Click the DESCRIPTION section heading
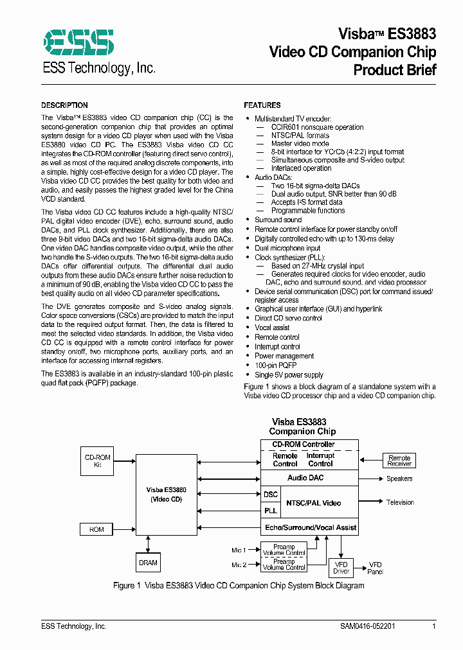[x=64, y=105]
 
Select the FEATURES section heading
[x=262, y=105]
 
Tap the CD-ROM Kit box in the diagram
[x=98, y=461]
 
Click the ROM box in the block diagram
[x=97, y=529]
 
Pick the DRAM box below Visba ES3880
[x=148, y=563]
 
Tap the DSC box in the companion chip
[x=271, y=495]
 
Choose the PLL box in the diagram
[x=271, y=511]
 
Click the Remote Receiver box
[x=399, y=461]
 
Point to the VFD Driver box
[x=341, y=568]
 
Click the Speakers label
[x=399, y=479]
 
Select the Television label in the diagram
[x=400, y=502]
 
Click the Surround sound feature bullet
[x=278, y=220]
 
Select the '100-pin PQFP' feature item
[x=275, y=365]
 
